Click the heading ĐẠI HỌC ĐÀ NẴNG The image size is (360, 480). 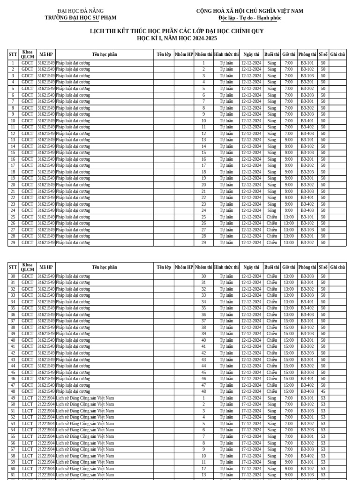pyautogui.click(x=80, y=11)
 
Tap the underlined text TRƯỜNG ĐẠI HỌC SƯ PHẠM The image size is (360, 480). pyautogui.click(x=80, y=18)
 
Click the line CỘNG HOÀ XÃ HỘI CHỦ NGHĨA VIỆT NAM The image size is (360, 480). pyautogui.click(x=249, y=11)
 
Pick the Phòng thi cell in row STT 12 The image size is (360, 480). pyautogui.click(x=307, y=134)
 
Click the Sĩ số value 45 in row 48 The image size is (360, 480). pyautogui.click(x=323, y=391)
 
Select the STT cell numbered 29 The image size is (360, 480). pyautogui.click(x=13, y=243)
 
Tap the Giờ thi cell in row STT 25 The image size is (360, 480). pyautogui.click(x=289, y=217)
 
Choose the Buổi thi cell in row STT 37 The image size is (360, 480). pyautogui.click(x=271, y=321)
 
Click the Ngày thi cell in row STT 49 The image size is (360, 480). pyautogui.click(x=251, y=398)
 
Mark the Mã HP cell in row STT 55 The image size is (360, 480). pyautogui.click(x=46, y=436)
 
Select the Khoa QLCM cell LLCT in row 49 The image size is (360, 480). pyautogui.click(x=28, y=398)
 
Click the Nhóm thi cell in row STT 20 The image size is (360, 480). pyautogui.click(x=203, y=185)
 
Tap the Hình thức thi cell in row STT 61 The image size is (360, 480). pyautogui.click(x=226, y=475)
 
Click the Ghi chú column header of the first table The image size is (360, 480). pyautogui.click(x=337, y=54)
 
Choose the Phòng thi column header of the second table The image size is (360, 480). pyautogui.click(x=307, y=267)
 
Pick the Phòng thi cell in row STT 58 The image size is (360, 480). pyautogui.click(x=307, y=456)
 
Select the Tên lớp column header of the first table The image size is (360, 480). pyautogui.click(x=164, y=54)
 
